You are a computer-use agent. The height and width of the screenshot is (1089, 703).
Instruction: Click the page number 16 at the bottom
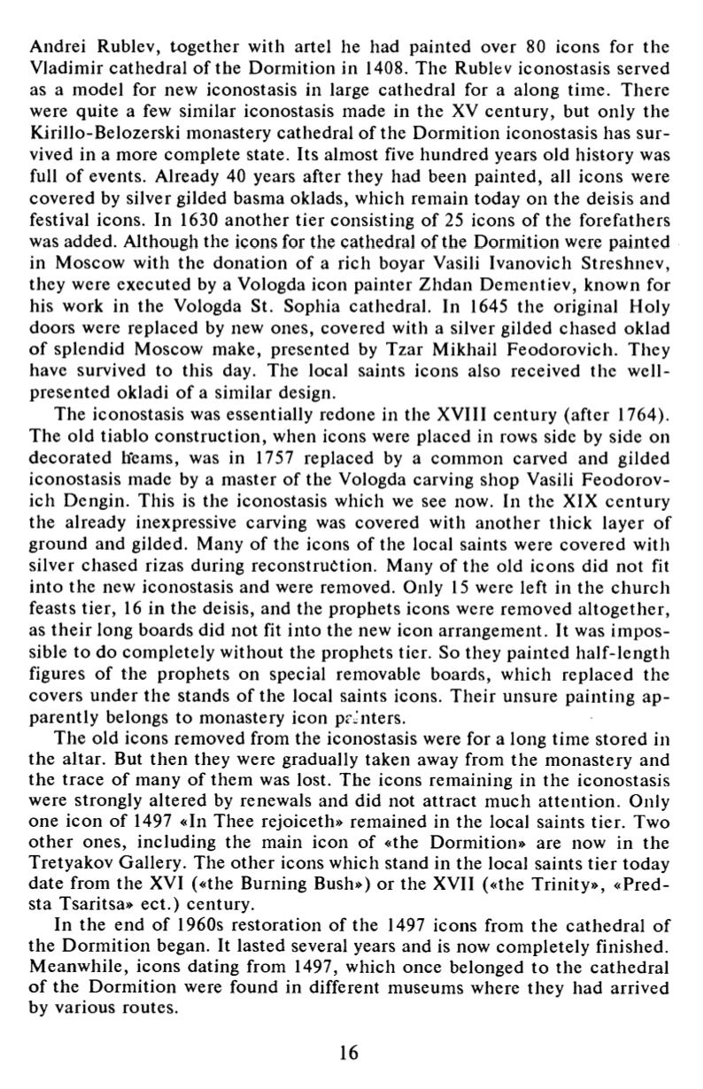pos(350,1052)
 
